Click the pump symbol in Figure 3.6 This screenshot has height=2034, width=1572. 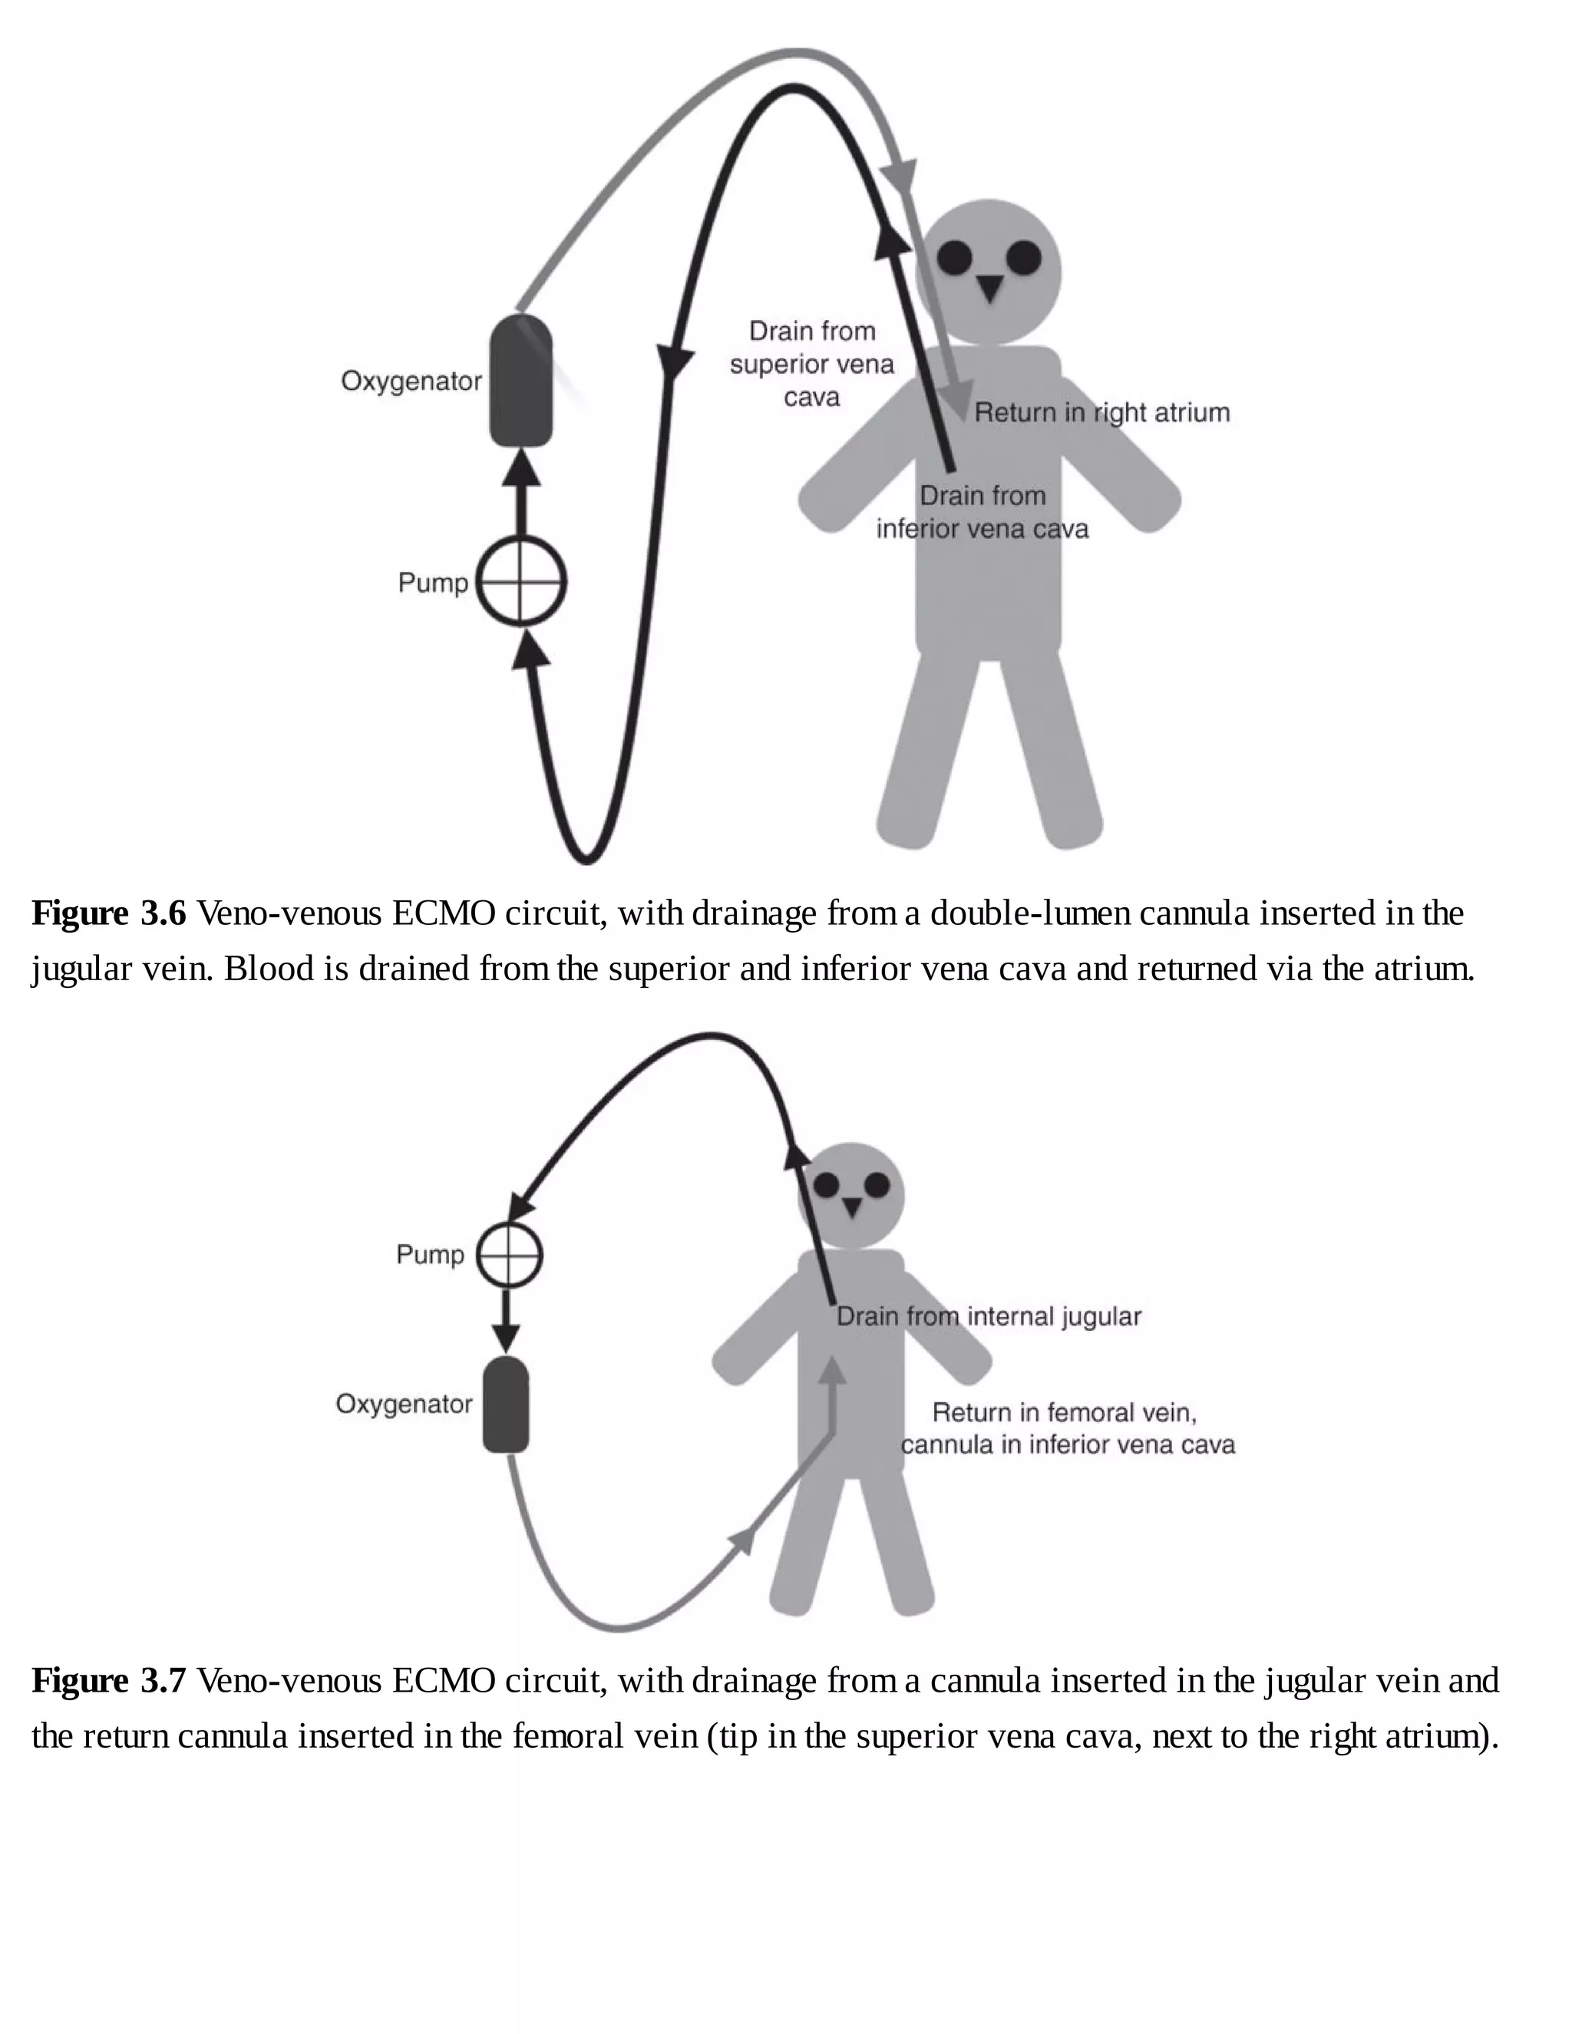[521, 582]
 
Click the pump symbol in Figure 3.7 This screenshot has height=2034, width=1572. [510, 1253]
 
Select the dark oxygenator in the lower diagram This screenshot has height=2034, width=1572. [506, 1405]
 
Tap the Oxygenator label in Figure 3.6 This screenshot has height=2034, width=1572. [411, 381]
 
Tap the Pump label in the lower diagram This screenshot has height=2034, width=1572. [429, 1253]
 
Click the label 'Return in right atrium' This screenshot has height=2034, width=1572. [1101, 413]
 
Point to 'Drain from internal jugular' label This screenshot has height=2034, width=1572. [988, 1316]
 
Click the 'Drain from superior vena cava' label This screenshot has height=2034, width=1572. [811, 364]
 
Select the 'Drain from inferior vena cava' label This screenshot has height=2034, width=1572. [982, 512]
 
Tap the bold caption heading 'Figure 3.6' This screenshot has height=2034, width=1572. [109, 913]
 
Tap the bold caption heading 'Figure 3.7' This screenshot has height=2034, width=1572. [109, 1680]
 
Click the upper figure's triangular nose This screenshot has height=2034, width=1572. [989, 287]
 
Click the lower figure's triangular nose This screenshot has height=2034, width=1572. [851, 1206]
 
